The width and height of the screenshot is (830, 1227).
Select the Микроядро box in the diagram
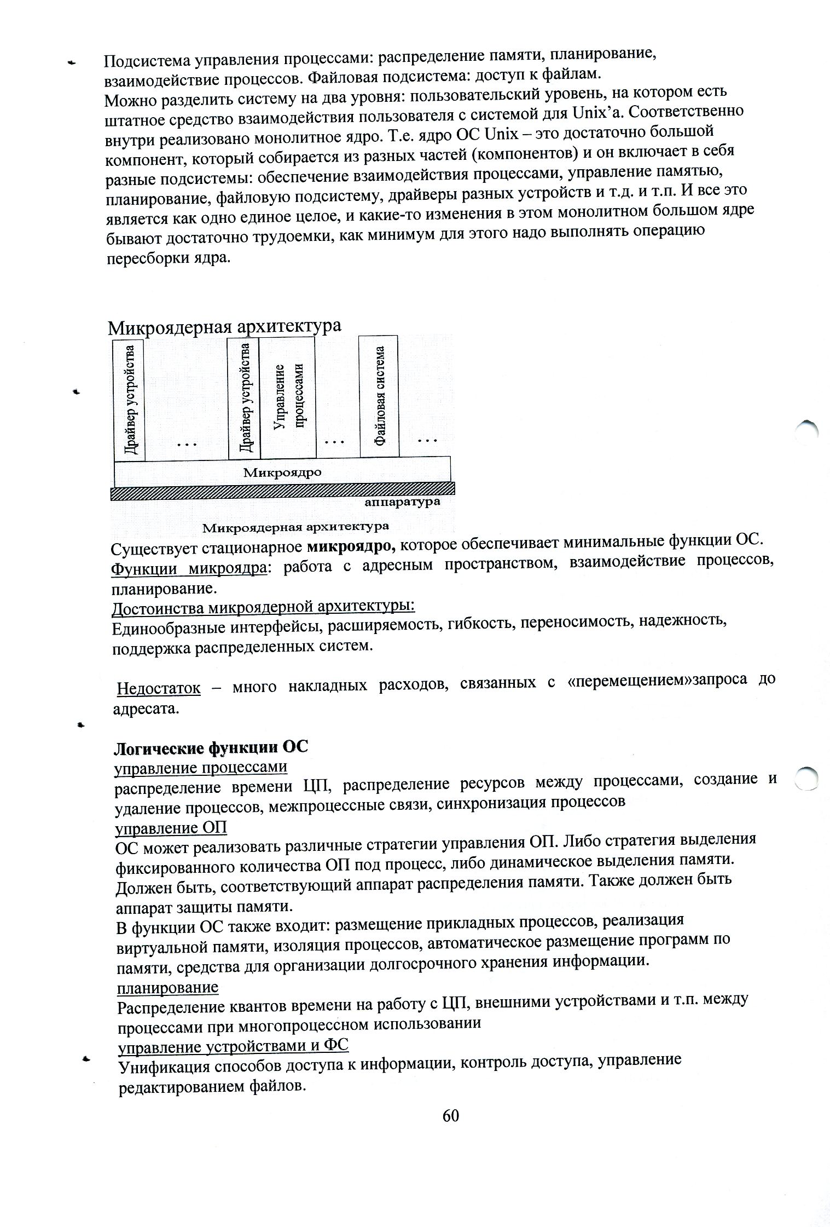[282, 471]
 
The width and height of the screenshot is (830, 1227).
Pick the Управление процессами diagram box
[288, 396]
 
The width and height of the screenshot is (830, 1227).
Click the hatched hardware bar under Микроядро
[283, 489]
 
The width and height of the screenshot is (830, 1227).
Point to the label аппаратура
[402, 502]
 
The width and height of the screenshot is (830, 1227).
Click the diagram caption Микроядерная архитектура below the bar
[296, 527]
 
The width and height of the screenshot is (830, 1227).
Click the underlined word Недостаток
[159, 688]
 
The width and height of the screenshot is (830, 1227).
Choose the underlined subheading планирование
[167, 987]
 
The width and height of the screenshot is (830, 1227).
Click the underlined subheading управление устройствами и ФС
[234, 1046]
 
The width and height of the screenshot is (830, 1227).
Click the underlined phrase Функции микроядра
[189, 568]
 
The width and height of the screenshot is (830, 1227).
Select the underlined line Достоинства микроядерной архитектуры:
[263, 608]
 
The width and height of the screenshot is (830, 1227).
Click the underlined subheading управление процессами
[200, 768]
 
